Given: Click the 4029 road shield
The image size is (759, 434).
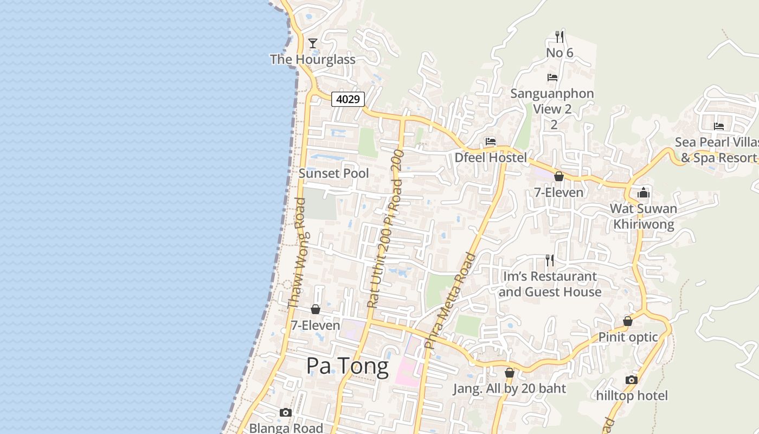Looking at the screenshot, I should [348, 99].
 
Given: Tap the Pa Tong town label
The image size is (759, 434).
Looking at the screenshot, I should [347, 367].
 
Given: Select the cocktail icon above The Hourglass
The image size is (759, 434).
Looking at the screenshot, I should [313, 43].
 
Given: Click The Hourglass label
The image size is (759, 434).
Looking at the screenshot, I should [313, 59].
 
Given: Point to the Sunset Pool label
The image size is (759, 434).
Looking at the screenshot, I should [333, 174].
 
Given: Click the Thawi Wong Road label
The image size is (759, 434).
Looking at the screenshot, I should [298, 253].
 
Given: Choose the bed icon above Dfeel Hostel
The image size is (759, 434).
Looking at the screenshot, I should [491, 142].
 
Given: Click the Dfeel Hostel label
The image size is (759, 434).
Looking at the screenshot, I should [491, 158].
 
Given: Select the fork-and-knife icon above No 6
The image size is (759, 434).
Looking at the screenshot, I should [559, 37].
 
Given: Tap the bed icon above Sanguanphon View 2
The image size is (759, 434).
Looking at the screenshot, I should [552, 78].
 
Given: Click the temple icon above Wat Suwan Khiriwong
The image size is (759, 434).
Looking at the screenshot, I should [644, 193].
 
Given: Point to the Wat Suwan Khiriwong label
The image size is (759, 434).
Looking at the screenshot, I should [644, 216].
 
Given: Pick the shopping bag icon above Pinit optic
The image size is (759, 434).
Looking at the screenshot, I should [628, 321].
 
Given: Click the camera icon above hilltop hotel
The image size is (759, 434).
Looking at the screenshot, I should [632, 380].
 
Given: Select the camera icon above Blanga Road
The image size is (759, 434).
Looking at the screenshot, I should [286, 413].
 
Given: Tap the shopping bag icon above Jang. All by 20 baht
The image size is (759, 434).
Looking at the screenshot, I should [509, 373].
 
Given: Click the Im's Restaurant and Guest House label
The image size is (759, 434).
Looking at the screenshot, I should [550, 284].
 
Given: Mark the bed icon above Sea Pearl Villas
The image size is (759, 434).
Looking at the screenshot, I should [719, 126].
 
